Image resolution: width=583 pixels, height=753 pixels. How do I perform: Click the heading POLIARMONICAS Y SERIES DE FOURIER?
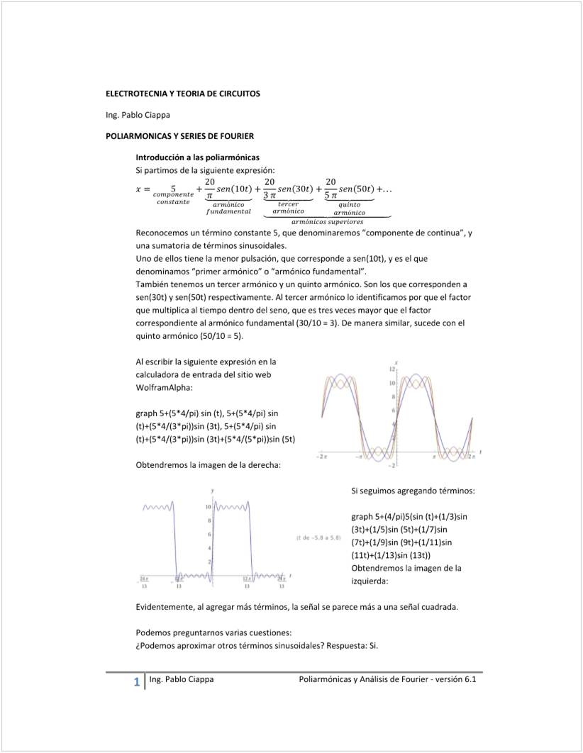point(179,135)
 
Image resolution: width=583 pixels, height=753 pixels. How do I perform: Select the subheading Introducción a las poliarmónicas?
point(197,157)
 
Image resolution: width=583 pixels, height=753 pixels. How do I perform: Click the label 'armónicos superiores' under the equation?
point(327,222)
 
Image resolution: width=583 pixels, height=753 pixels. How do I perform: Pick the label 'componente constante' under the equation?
point(173,198)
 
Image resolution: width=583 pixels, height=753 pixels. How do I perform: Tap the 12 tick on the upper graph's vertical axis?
point(392,370)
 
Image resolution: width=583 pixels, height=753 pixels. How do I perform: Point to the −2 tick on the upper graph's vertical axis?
point(392,465)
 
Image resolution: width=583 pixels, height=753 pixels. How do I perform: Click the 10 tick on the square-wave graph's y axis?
point(209,508)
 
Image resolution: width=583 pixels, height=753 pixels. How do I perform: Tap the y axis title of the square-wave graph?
point(213,491)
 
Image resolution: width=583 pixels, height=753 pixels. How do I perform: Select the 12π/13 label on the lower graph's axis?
point(248,583)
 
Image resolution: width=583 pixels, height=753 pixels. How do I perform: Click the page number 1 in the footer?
point(136,683)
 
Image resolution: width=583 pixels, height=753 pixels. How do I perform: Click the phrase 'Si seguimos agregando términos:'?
point(413,491)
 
